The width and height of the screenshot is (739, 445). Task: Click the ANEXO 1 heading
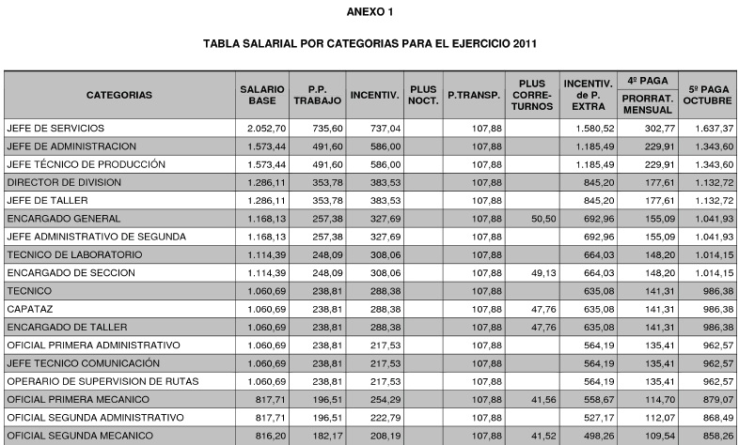pos(369,11)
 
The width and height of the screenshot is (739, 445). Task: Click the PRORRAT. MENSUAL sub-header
pos(647,103)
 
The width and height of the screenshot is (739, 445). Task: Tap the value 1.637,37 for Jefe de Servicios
pos(711,128)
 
